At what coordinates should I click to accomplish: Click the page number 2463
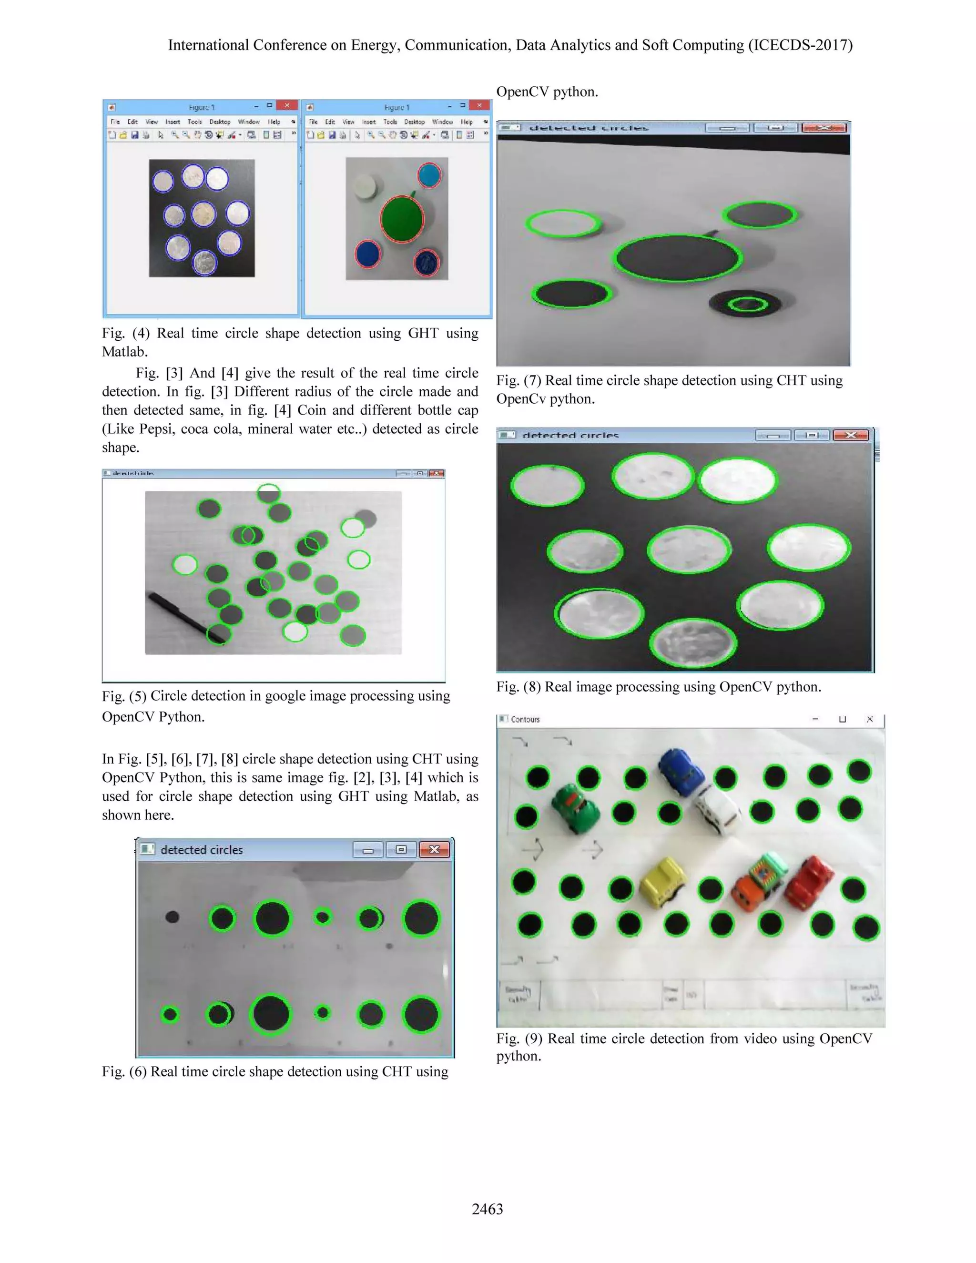[x=488, y=1209]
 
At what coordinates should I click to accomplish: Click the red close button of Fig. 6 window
[x=434, y=849]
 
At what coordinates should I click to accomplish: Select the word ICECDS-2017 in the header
[x=800, y=45]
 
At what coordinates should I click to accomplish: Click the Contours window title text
[x=525, y=719]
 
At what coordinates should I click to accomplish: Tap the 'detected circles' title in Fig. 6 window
[x=201, y=849]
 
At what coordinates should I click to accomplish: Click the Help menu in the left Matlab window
[x=274, y=122]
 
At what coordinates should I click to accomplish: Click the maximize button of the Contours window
[x=842, y=719]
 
